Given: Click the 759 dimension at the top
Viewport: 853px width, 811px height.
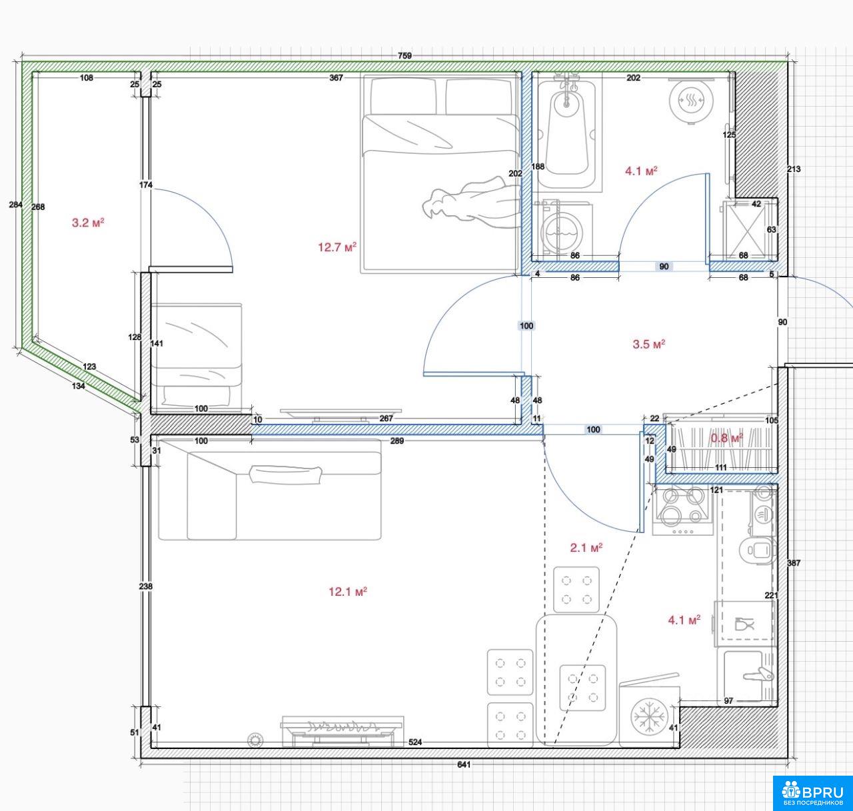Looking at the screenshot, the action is (405, 55).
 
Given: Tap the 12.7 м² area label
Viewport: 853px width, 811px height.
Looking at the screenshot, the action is (337, 247).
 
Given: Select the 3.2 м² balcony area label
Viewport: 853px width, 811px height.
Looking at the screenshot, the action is (88, 223).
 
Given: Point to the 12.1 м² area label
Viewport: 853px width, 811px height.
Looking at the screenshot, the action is (348, 592).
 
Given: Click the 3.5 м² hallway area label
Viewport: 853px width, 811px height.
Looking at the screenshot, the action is (649, 345).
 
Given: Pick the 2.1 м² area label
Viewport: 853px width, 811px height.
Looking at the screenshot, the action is (586, 548).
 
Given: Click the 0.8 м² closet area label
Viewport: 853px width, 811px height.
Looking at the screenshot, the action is (727, 438).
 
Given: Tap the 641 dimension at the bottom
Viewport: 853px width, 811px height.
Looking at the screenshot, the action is (464, 764).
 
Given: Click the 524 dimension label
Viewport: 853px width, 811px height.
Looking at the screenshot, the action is (415, 742).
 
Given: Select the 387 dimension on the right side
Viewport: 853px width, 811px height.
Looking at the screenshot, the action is (794, 563).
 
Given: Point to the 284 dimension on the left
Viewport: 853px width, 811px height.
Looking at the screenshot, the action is (15, 205).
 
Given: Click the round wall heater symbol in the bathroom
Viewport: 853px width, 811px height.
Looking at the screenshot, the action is (690, 101).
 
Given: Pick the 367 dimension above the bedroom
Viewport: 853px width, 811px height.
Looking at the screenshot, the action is (336, 78).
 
